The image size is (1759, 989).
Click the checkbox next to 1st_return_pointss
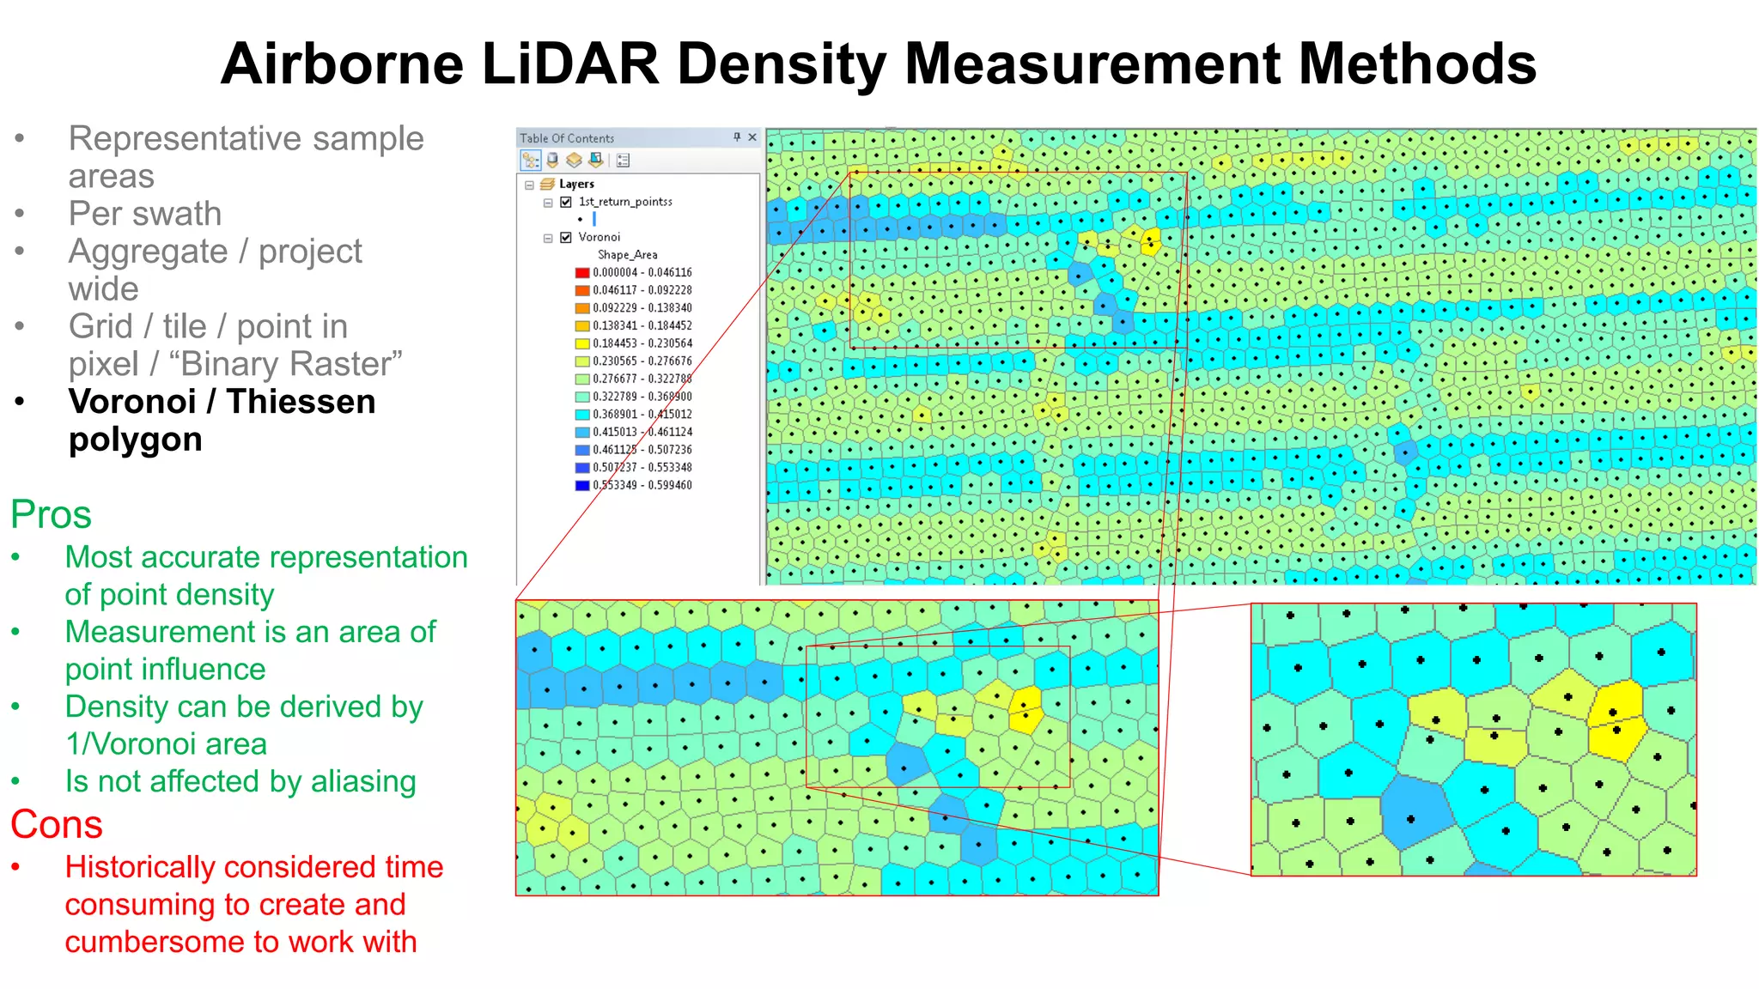[566, 203]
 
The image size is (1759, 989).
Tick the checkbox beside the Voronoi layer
[566, 238]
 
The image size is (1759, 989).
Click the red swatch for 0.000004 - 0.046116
[582, 273]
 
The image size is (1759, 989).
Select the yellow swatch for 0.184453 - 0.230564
[582, 343]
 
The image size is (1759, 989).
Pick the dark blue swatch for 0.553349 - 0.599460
[582, 485]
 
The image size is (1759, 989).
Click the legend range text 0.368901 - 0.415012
[642, 415]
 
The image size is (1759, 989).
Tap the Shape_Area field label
[627, 255]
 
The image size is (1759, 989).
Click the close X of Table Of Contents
[752, 137]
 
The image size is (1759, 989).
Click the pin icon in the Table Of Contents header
[737, 137]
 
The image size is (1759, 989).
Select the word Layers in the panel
[576, 185]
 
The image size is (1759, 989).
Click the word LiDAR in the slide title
[570, 64]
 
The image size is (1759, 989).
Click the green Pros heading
[51, 515]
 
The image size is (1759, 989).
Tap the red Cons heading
[57, 825]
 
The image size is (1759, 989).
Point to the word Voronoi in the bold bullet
[132, 402]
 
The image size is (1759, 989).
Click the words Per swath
[145, 214]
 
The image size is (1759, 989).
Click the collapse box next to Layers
[529, 185]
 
